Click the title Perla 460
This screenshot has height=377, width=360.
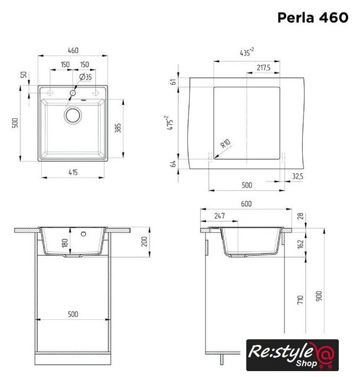click(313, 18)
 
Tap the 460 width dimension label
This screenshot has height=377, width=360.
click(73, 50)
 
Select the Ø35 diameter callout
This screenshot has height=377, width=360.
click(85, 77)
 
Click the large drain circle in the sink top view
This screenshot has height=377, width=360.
click(72, 115)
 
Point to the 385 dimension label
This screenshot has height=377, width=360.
click(118, 128)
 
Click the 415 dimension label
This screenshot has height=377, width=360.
click(73, 172)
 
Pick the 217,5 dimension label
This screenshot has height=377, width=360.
click(263, 68)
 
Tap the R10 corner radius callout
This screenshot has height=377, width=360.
click(225, 144)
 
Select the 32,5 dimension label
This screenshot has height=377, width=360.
click(298, 176)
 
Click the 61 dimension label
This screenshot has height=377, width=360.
click(173, 82)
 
